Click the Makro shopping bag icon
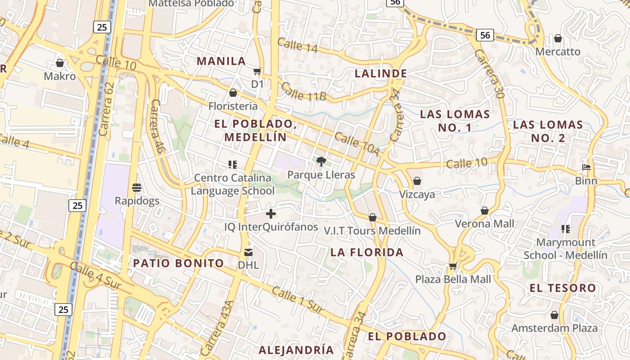pos(59,63)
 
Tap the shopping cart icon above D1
pos(257,71)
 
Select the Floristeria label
pos(233,106)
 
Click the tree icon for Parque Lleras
pos(321,161)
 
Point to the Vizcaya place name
pos(417,194)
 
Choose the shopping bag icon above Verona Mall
pos(485,211)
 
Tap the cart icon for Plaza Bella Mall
pos(453,266)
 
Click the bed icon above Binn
pos(586,167)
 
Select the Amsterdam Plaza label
pos(554,328)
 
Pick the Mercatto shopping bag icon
pos(558,39)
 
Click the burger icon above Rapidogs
pos(137,187)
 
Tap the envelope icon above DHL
pos(248,252)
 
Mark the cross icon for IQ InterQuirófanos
pos(271,214)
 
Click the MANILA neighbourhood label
pos(221,61)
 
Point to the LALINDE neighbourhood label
pos(381,73)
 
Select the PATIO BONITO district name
pos(178,263)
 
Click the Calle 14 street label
pos(297,45)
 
